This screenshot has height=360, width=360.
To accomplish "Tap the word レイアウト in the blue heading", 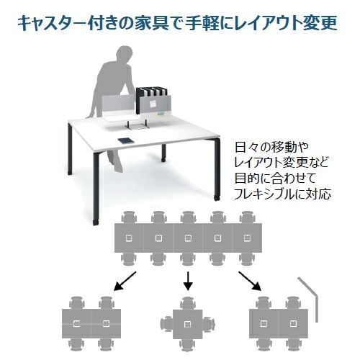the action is click(x=265, y=23).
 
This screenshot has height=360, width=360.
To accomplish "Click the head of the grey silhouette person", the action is click(x=124, y=54).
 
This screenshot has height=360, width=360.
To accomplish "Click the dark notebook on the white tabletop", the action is click(x=125, y=141).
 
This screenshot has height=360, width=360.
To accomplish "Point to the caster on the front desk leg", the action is click(x=96, y=222).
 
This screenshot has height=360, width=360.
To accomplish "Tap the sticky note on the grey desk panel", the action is click(x=153, y=104).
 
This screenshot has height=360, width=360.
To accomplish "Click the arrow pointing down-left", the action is click(x=125, y=281).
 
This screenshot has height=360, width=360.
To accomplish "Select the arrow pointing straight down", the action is click(x=188, y=281).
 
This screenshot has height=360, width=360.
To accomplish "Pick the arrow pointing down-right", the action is click(x=250, y=281).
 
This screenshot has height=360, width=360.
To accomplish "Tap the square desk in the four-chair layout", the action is click(x=188, y=324).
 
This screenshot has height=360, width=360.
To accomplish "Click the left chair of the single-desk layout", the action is click(x=166, y=325).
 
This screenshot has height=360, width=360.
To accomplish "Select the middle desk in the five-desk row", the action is click(x=188, y=238).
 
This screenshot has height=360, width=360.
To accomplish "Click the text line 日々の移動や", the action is click(x=271, y=148).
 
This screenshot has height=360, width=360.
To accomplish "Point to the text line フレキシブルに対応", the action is click(x=282, y=194).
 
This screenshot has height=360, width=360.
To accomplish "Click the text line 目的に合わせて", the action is click(x=275, y=179).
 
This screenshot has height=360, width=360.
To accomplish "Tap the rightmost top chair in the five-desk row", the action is click(x=248, y=217).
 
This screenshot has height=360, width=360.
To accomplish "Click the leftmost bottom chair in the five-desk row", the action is click(x=129, y=258).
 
